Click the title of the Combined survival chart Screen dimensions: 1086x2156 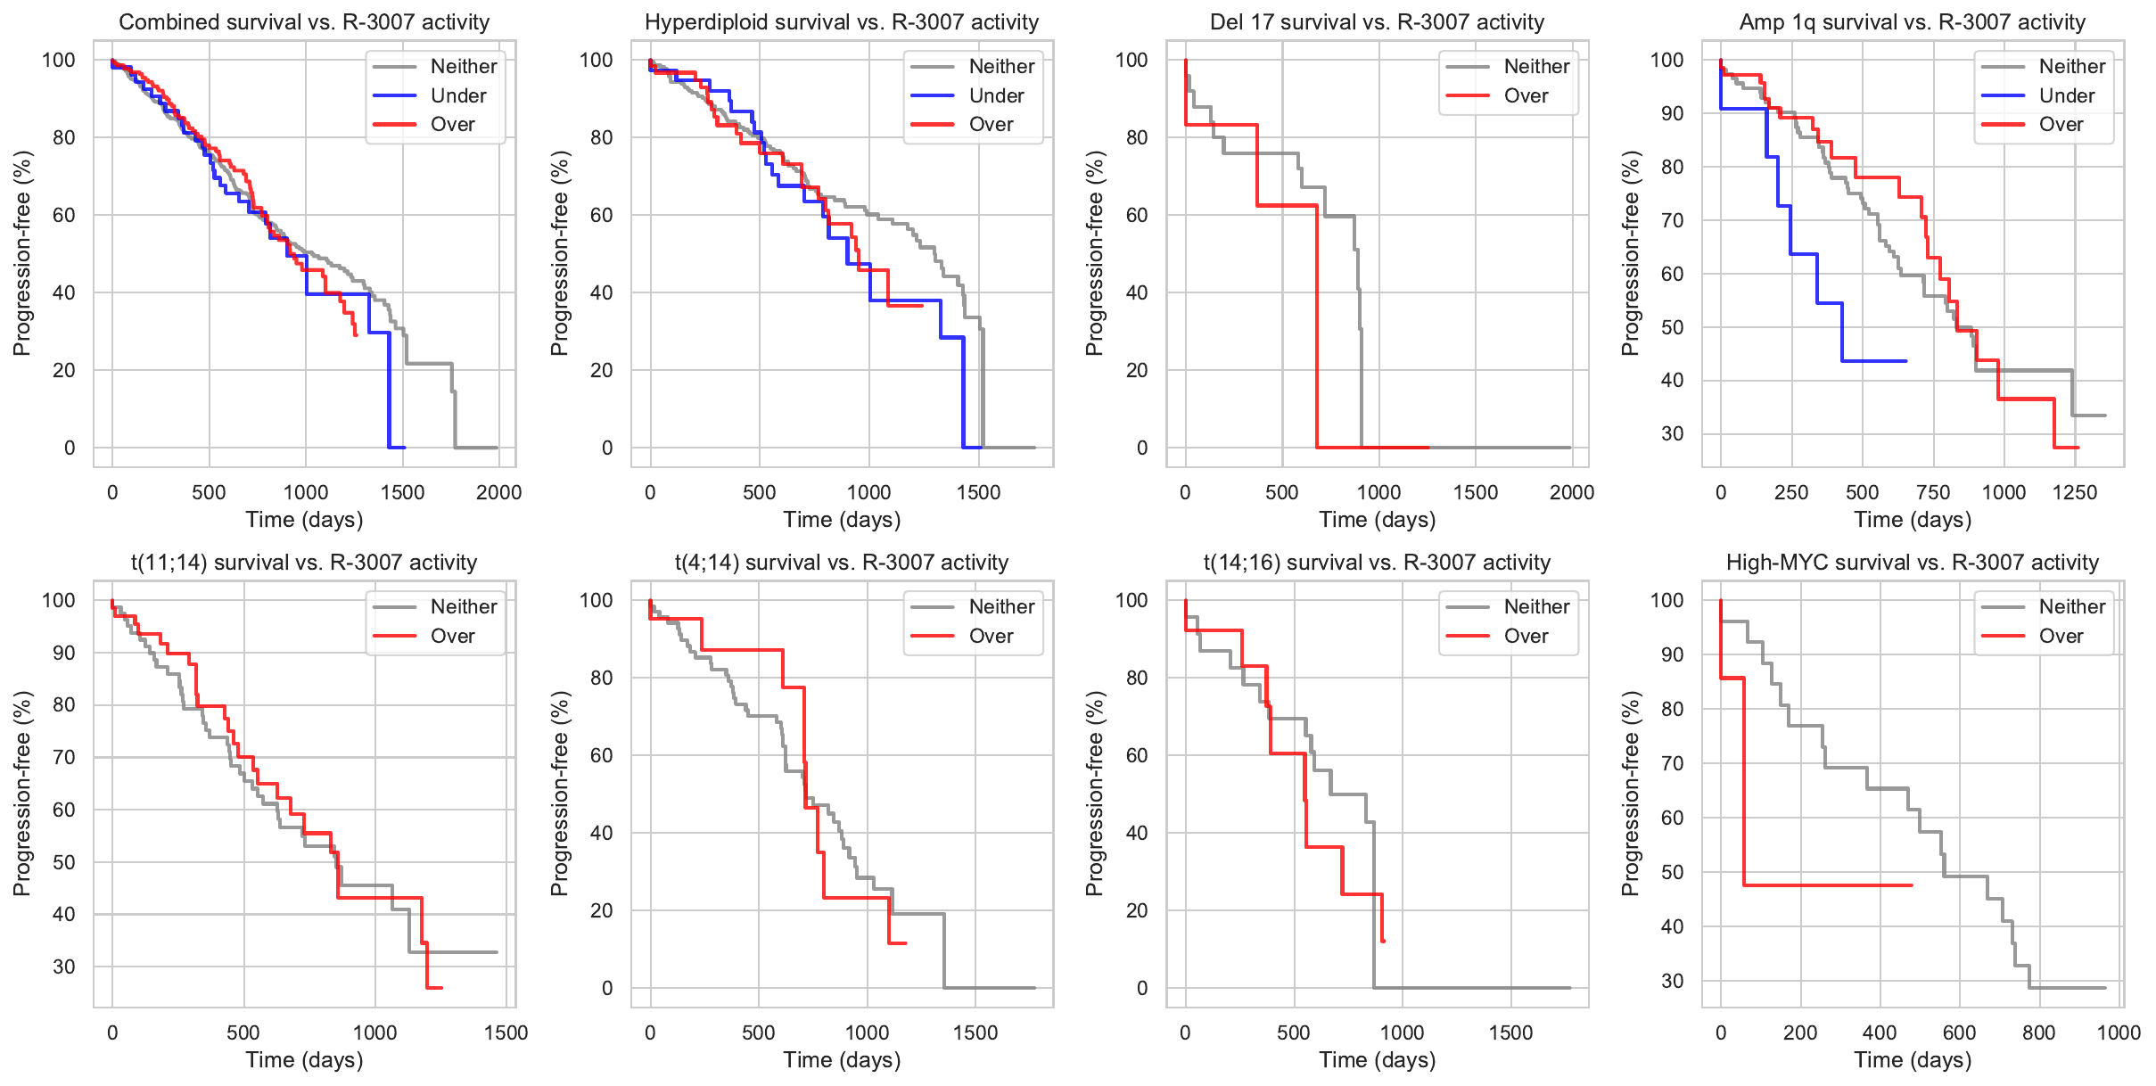tap(304, 22)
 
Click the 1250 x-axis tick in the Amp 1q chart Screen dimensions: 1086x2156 tap(2075, 492)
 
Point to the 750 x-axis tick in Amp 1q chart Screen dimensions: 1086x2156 tap(1933, 492)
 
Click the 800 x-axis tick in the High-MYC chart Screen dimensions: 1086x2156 tap(2038, 1033)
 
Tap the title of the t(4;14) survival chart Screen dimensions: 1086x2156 tap(842, 563)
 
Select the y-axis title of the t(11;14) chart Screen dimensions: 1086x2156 tap(22, 794)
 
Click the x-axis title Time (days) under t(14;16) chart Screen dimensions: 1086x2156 tap(1377, 1060)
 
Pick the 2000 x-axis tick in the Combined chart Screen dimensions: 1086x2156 tap(498, 492)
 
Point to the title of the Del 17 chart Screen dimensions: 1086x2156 tap(1377, 22)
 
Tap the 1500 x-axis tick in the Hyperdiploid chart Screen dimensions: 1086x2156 tap(978, 492)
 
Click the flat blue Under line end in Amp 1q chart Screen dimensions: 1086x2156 tap(1905, 361)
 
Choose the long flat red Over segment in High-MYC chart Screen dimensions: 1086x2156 tap(1828, 885)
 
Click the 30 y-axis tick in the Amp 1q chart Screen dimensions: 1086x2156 tap(1672, 434)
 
